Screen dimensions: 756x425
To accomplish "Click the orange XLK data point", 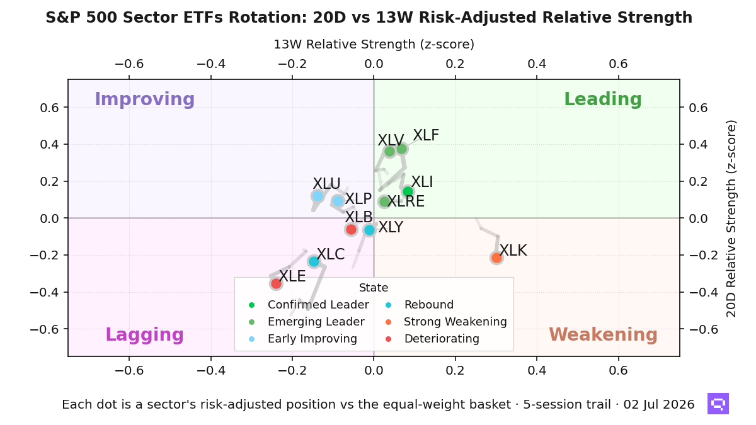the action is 496,258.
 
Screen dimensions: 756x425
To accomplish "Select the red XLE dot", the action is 276,284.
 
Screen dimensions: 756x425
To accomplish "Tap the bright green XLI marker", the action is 408,191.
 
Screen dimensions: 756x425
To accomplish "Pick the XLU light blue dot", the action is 318,196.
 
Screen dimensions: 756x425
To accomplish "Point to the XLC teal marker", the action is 314,261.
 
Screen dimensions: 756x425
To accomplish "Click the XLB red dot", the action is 352,230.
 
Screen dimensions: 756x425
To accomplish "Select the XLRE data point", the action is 384,202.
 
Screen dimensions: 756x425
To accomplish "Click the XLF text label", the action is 426,135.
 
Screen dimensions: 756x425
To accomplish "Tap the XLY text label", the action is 391,227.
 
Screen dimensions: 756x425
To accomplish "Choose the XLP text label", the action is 358,199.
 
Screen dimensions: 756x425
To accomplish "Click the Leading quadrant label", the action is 603,99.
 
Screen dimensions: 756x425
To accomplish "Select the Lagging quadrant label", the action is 145,334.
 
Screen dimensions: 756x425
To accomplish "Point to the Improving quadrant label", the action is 145,99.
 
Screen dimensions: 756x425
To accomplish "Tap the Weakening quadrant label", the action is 603,334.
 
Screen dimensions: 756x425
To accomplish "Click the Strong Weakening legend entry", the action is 446,322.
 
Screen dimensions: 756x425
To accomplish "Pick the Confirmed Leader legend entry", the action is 309,305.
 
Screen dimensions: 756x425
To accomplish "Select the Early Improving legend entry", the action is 303,339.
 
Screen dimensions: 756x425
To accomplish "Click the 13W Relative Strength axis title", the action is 374,45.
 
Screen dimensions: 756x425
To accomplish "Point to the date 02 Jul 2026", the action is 659,404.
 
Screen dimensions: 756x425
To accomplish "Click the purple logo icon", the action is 718,404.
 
